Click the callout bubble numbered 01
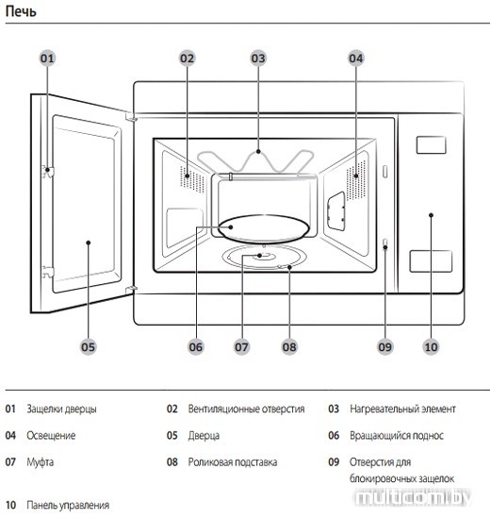[x=47, y=59]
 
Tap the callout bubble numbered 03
[x=258, y=59]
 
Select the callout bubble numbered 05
[x=88, y=347]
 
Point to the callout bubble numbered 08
[x=289, y=347]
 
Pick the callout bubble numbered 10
[x=431, y=347]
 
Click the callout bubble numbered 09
[x=385, y=347]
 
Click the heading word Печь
[x=21, y=11]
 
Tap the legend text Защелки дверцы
[x=61, y=410]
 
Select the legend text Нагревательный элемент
[x=402, y=410]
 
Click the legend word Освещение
[x=51, y=436]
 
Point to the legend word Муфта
[x=40, y=462]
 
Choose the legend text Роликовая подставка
[x=233, y=462]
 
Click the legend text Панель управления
[x=68, y=505]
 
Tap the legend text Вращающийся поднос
[x=397, y=436]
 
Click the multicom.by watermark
[x=413, y=497]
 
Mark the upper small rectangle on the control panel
[x=431, y=145]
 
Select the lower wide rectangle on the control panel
[x=431, y=261]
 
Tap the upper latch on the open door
[x=48, y=172]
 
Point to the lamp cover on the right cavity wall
[x=336, y=211]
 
